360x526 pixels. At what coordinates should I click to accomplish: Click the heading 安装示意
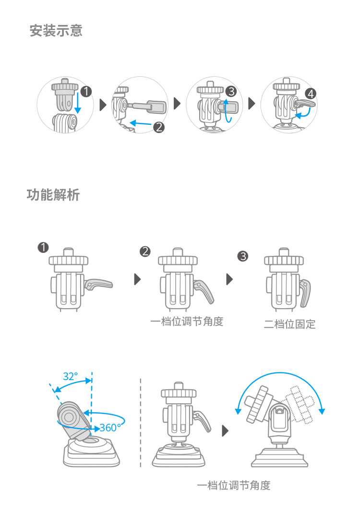56,31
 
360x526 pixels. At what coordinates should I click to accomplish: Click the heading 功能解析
53,195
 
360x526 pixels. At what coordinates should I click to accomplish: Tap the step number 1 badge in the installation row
86,91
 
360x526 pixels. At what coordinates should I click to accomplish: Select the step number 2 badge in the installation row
159,127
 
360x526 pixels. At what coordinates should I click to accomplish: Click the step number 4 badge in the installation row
311,94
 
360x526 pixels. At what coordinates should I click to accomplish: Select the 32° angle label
70,376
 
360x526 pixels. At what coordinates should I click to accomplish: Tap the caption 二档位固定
289,324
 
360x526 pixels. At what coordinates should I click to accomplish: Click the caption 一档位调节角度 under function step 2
187,321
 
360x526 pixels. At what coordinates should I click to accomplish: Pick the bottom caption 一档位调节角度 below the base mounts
234,485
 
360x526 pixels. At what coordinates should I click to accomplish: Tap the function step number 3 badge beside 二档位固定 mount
243,256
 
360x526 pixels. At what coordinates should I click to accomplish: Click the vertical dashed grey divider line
141,422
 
